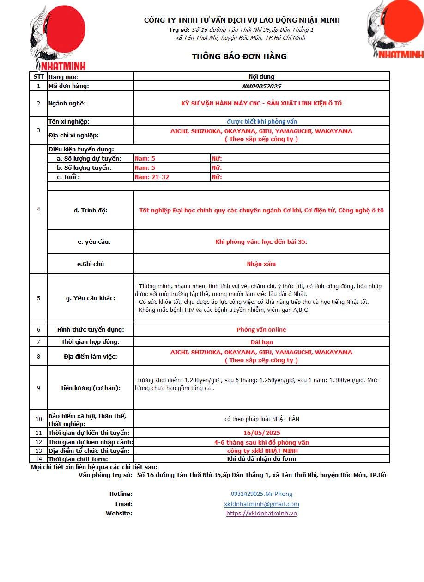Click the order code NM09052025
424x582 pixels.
click(261, 86)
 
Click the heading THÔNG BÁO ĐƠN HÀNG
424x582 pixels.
click(239, 56)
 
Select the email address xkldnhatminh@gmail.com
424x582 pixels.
click(261, 504)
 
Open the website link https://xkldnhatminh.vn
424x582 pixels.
click(261, 513)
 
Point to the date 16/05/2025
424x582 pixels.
click(261, 433)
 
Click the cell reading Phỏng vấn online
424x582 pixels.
click(261, 330)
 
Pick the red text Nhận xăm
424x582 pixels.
click(261, 264)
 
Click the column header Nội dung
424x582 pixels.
click(261, 77)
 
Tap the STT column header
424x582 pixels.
click(38, 77)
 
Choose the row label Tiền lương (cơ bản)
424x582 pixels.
click(91, 388)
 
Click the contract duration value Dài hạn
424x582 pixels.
click(261, 342)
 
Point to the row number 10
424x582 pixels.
click(38, 419)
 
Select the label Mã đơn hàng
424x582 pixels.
click(69, 86)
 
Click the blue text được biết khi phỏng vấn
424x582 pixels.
click(261, 122)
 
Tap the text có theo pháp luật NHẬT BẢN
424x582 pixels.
click(261, 419)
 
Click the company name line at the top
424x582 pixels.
click(242, 20)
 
